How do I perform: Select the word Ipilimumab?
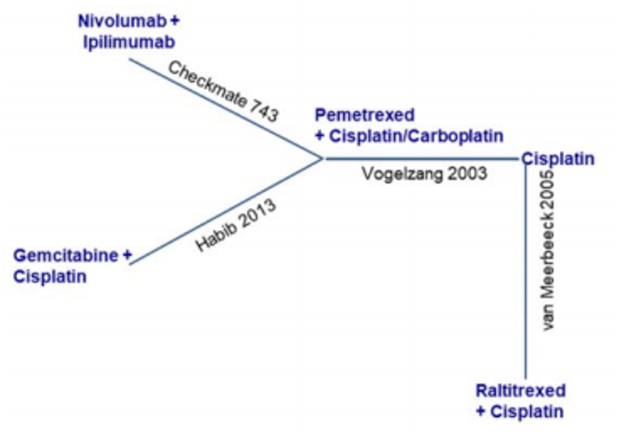click(x=129, y=40)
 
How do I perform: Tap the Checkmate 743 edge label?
click(x=223, y=91)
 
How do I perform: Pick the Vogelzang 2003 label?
click(x=425, y=172)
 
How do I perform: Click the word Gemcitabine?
click(x=66, y=256)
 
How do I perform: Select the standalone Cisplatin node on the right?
click(x=558, y=159)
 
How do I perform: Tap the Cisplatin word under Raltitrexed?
click(x=530, y=411)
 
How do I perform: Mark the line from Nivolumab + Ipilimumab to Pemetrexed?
click(x=227, y=108)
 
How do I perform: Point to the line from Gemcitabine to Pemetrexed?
click(x=227, y=210)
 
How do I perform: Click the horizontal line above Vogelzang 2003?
click(x=421, y=159)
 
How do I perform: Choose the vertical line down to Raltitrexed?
click(x=526, y=267)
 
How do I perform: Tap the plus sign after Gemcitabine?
click(x=127, y=256)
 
